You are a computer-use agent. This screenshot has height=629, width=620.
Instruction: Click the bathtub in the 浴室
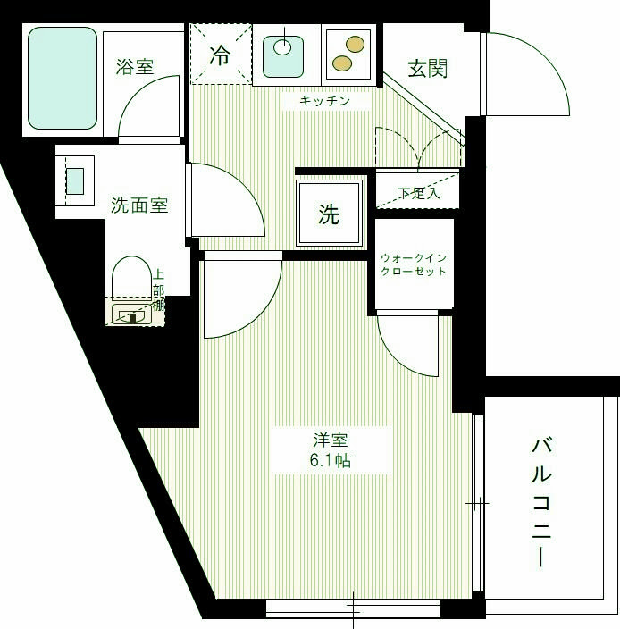pos(62,78)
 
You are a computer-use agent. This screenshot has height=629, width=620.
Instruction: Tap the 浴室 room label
pos(135,66)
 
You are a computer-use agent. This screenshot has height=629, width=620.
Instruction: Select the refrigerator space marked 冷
pos(220,54)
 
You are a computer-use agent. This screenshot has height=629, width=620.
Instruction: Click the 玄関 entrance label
pos(427,69)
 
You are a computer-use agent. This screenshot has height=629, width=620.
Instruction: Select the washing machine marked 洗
pos(330,214)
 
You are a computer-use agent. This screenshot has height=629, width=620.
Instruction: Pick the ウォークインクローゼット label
pos(413,264)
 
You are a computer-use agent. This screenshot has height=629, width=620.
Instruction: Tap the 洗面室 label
pos(139,205)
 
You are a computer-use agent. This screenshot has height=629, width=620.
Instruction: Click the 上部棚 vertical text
pos(158,290)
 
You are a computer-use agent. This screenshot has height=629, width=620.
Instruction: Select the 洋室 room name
pos(330,440)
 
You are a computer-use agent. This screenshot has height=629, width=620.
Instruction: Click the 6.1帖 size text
pos(330,462)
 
